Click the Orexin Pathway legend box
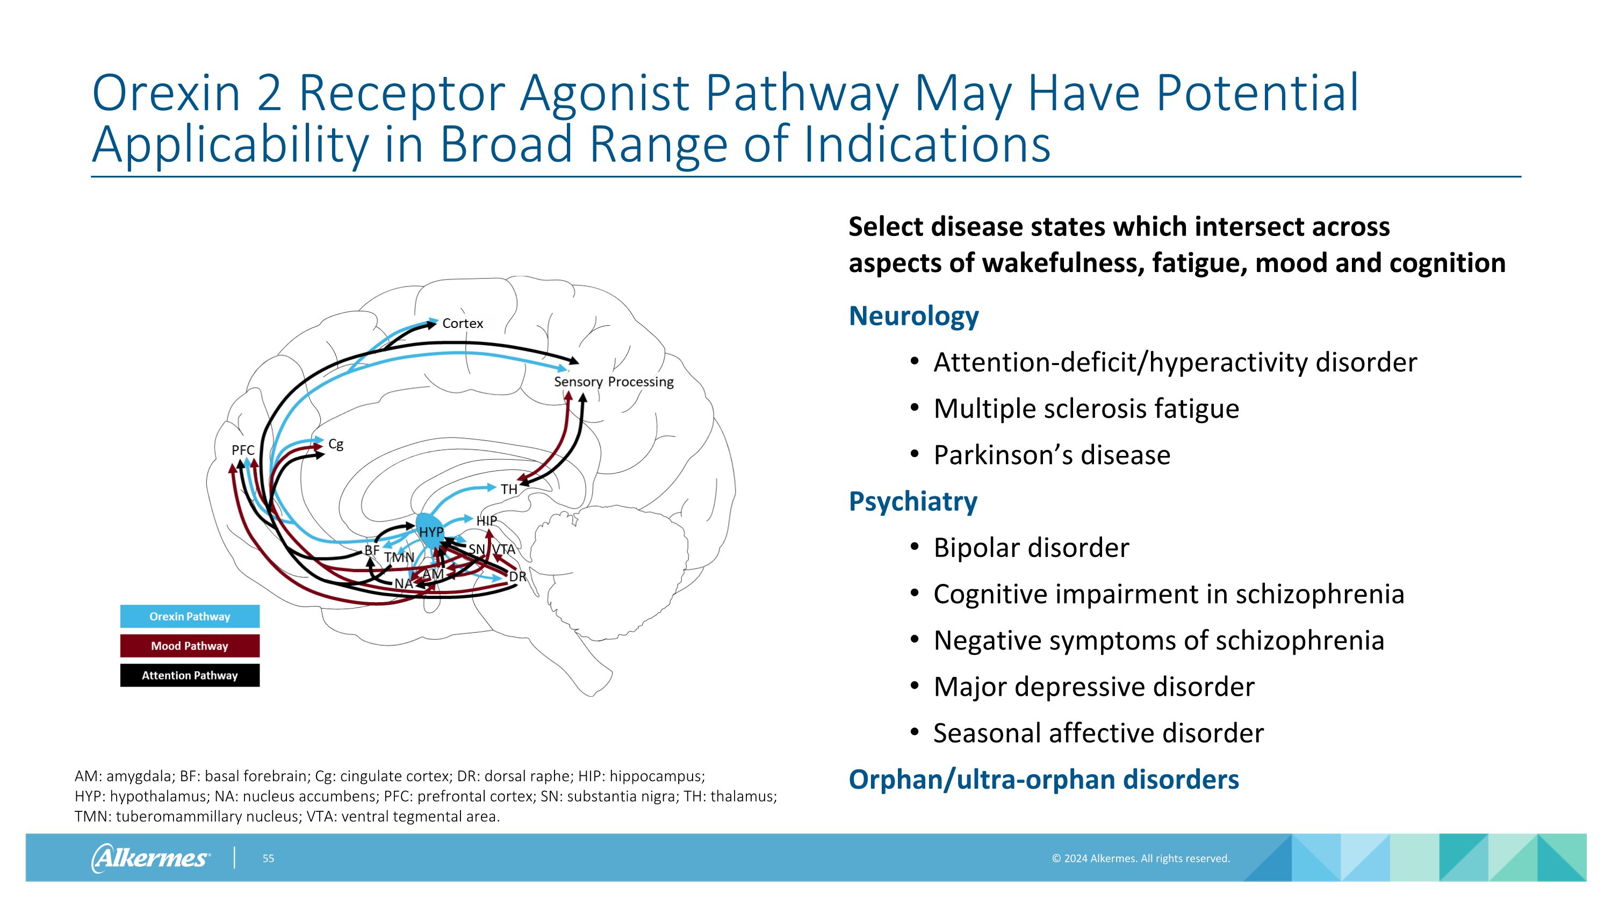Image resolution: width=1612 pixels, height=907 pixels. (190, 617)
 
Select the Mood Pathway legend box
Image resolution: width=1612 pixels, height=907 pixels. (190, 646)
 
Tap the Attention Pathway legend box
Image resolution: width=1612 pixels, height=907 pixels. (190, 675)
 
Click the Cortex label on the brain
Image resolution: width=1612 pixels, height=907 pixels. (463, 324)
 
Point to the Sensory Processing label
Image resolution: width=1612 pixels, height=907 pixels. (613, 382)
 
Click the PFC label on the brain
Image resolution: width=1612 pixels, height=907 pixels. (243, 450)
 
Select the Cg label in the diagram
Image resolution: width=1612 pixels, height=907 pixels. (336, 445)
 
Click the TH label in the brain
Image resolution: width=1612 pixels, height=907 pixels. (509, 489)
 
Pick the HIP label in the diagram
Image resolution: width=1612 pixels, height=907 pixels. (486, 521)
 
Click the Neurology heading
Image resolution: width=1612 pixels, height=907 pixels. (913, 316)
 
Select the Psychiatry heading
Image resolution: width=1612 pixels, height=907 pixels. (912, 502)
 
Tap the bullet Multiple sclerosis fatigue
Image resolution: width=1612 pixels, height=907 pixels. (1086, 409)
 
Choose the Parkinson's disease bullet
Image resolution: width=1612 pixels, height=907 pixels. (1052, 455)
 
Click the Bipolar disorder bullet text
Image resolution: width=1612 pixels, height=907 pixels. (1031, 548)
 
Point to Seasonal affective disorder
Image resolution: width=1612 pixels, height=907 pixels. (1098, 733)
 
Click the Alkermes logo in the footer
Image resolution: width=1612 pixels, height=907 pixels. (150, 858)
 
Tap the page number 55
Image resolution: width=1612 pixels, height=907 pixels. (268, 859)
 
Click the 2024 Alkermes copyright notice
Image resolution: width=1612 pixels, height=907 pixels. (1140, 859)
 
